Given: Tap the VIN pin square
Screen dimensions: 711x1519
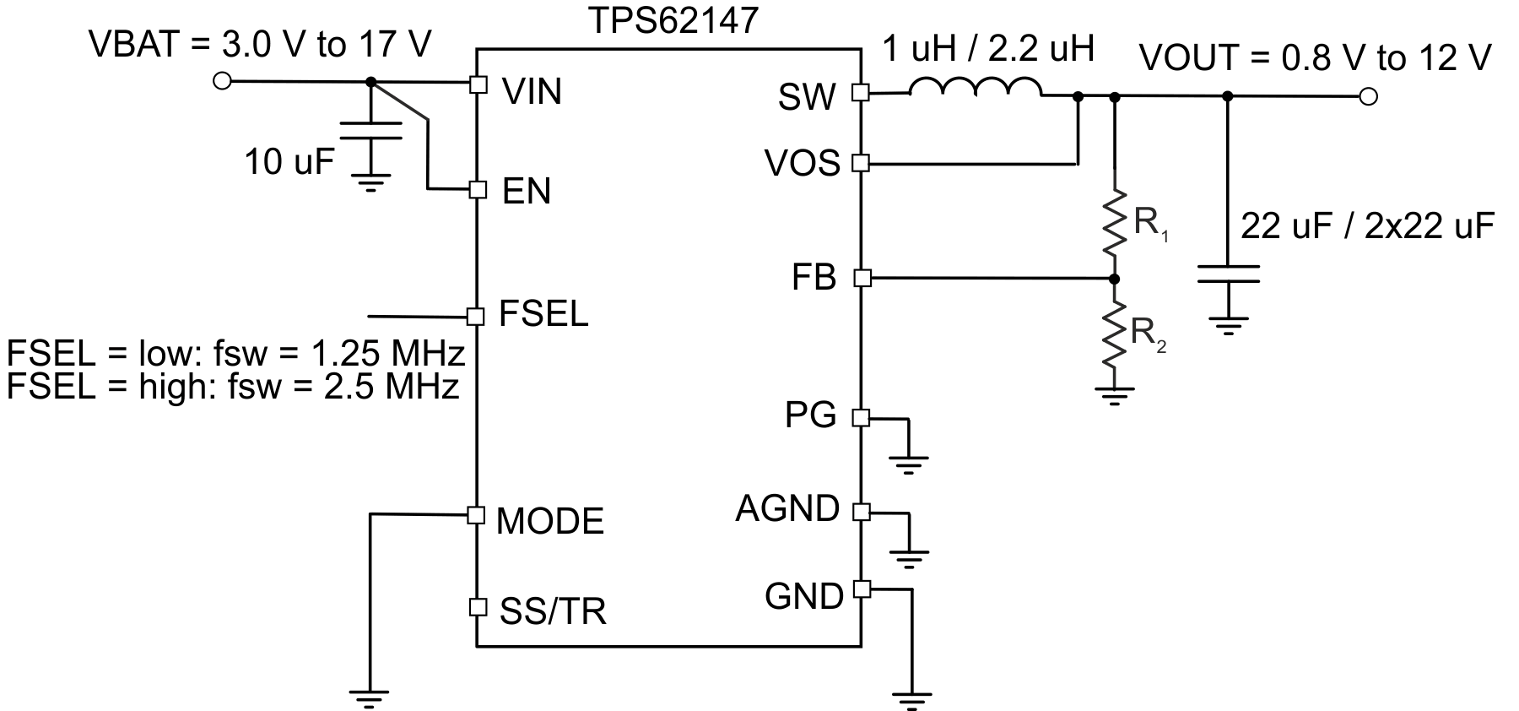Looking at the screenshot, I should [x=478, y=84].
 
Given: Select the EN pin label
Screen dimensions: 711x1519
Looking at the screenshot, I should [x=527, y=192].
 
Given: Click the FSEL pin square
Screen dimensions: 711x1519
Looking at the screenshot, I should [x=477, y=317].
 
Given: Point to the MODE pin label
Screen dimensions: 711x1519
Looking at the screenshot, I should [x=550, y=521].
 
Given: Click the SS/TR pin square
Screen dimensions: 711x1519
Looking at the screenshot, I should [x=478, y=606].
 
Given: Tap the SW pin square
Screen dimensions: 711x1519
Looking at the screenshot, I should [x=861, y=93].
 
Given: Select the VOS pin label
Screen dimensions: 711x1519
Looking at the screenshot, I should [x=803, y=163].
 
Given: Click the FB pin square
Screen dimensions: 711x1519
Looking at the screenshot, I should [x=861, y=278].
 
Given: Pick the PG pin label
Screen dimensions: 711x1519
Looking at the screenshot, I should [x=810, y=415].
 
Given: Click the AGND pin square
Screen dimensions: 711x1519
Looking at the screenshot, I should [x=861, y=511].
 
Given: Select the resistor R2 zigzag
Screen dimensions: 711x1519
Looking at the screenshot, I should [x=1115, y=334].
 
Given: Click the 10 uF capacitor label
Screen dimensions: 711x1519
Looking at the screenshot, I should [x=289, y=161].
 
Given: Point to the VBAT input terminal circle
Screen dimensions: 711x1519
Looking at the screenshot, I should [x=222, y=81].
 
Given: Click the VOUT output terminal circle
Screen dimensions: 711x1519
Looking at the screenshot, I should [x=1369, y=97].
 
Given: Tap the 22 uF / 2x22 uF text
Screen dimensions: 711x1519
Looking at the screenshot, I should [x=1367, y=226].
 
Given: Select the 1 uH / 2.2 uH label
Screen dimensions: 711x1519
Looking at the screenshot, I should [x=988, y=49].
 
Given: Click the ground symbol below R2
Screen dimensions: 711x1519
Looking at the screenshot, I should [x=1115, y=394].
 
